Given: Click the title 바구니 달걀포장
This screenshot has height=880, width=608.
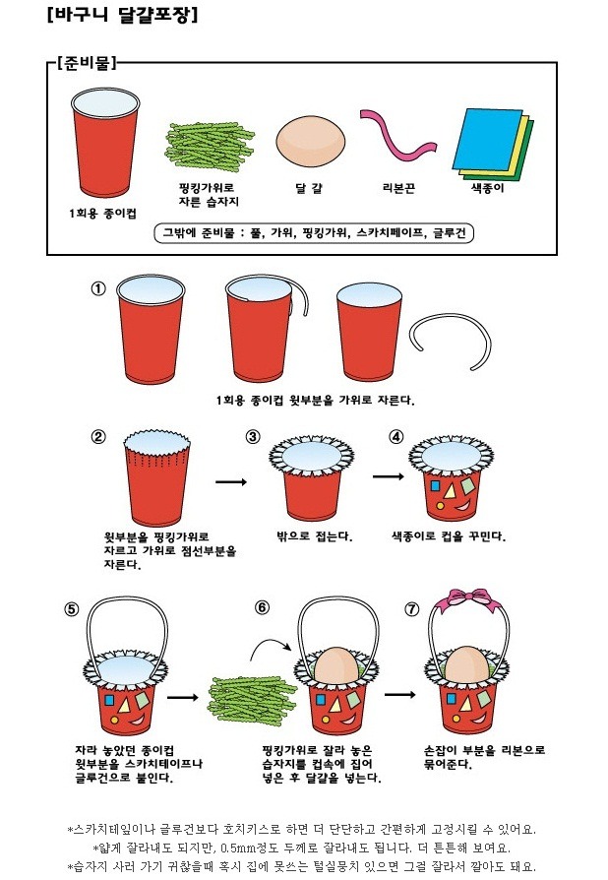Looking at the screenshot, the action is pyautogui.click(x=123, y=14).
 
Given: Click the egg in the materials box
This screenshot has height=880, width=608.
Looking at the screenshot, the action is pyautogui.click(x=310, y=142).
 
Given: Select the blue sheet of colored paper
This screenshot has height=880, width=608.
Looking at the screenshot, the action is pyautogui.click(x=488, y=140).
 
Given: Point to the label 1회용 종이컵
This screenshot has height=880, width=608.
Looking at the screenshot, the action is pyautogui.click(x=102, y=214).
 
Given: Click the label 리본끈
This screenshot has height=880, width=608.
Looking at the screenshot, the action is pyautogui.click(x=398, y=188).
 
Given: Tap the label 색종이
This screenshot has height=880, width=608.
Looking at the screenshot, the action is pyautogui.click(x=487, y=188).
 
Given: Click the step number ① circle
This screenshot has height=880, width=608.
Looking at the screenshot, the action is pyautogui.click(x=98, y=289).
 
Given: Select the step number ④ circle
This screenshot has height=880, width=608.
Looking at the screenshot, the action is pyautogui.click(x=396, y=437).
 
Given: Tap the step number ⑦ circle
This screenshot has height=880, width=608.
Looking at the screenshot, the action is pyautogui.click(x=411, y=609).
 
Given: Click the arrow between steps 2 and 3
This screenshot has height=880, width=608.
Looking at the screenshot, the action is pyautogui.click(x=231, y=481).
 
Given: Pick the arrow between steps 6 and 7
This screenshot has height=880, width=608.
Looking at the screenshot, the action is pyautogui.click(x=399, y=694).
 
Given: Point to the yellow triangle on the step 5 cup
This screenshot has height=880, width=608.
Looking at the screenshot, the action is pyautogui.click(x=124, y=705).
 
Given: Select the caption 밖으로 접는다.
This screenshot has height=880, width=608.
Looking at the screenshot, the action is pyautogui.click(x=315, y=536).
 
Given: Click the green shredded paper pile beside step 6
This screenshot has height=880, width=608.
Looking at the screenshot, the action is pyautogui.click(x=251, y=701).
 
